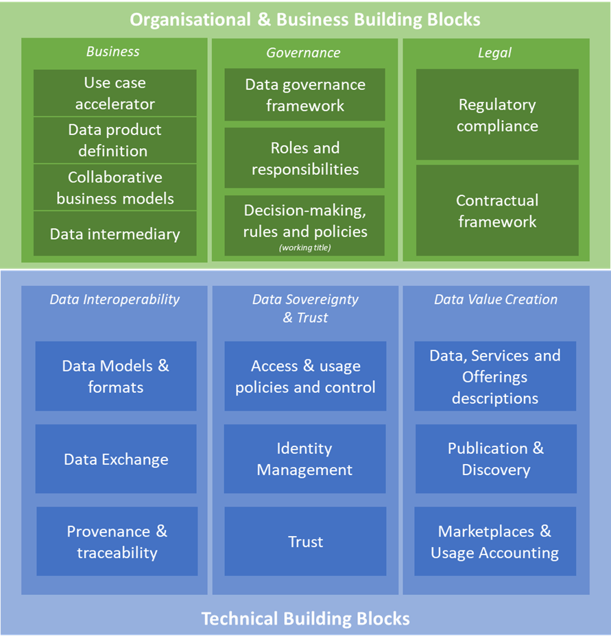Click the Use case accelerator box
(x=115, y=93)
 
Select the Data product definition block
(x=115, y=140)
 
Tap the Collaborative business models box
(x=115, y=187)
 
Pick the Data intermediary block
(x=115, y=234)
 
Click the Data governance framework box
(x=305, y=95)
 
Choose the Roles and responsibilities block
(x=305, y=158)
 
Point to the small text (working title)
(x=305, y=247)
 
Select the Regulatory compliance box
(x=497, y=114)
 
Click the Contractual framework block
(x=497, y=210)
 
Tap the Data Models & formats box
(x=116, y=376)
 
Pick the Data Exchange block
(x=116, y=459)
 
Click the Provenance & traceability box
(x=117, y=542)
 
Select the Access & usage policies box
(x=305, y=376)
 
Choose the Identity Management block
(x=305, y=459)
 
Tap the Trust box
(x=305, y=542)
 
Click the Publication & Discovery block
(x=496, y=459)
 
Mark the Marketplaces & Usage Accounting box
(x=495, y=542)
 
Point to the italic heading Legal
(x=495, y=52)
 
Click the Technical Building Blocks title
(x=305, y=619)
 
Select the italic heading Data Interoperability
(x=115, y=299)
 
